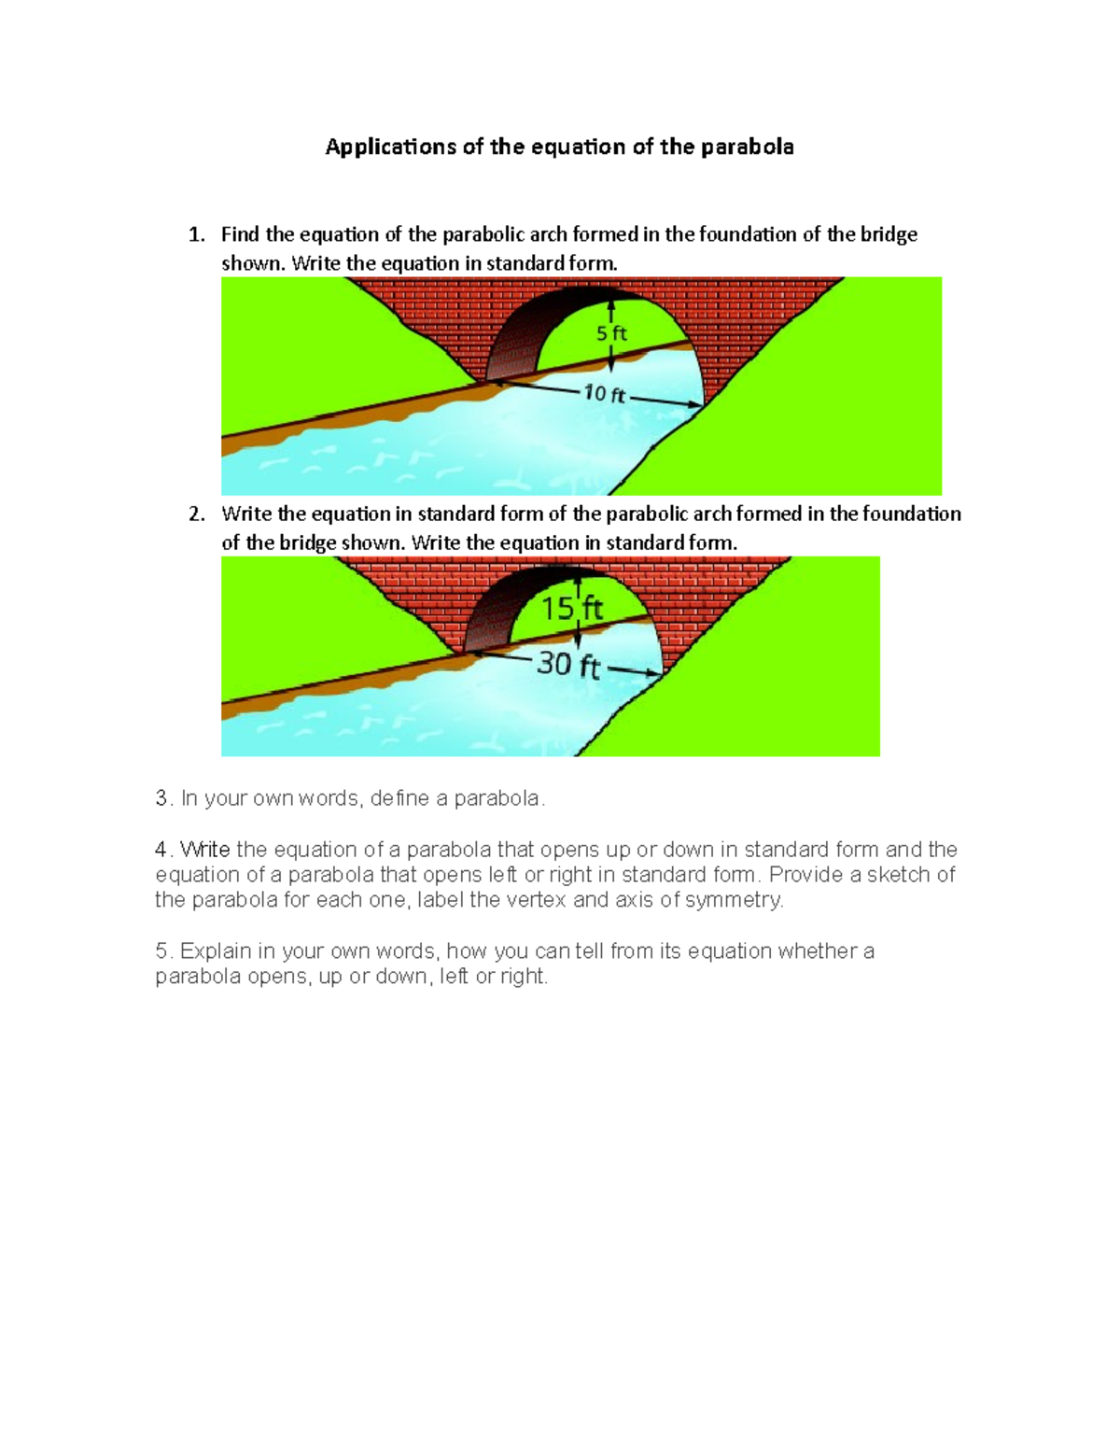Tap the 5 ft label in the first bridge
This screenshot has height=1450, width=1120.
(611, 333)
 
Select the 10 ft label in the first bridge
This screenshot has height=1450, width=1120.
(604, 394)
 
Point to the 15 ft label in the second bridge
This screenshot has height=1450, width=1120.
(572, 609)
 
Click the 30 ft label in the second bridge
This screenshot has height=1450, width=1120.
(567, 666)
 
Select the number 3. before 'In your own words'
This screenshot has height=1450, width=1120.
(163, 798)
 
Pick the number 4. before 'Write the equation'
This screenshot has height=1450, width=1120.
(163, 850)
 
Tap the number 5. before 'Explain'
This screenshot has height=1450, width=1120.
(163, 951)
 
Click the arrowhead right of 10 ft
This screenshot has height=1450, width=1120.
(694, 404)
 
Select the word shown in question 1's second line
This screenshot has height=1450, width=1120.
(251, 263)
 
